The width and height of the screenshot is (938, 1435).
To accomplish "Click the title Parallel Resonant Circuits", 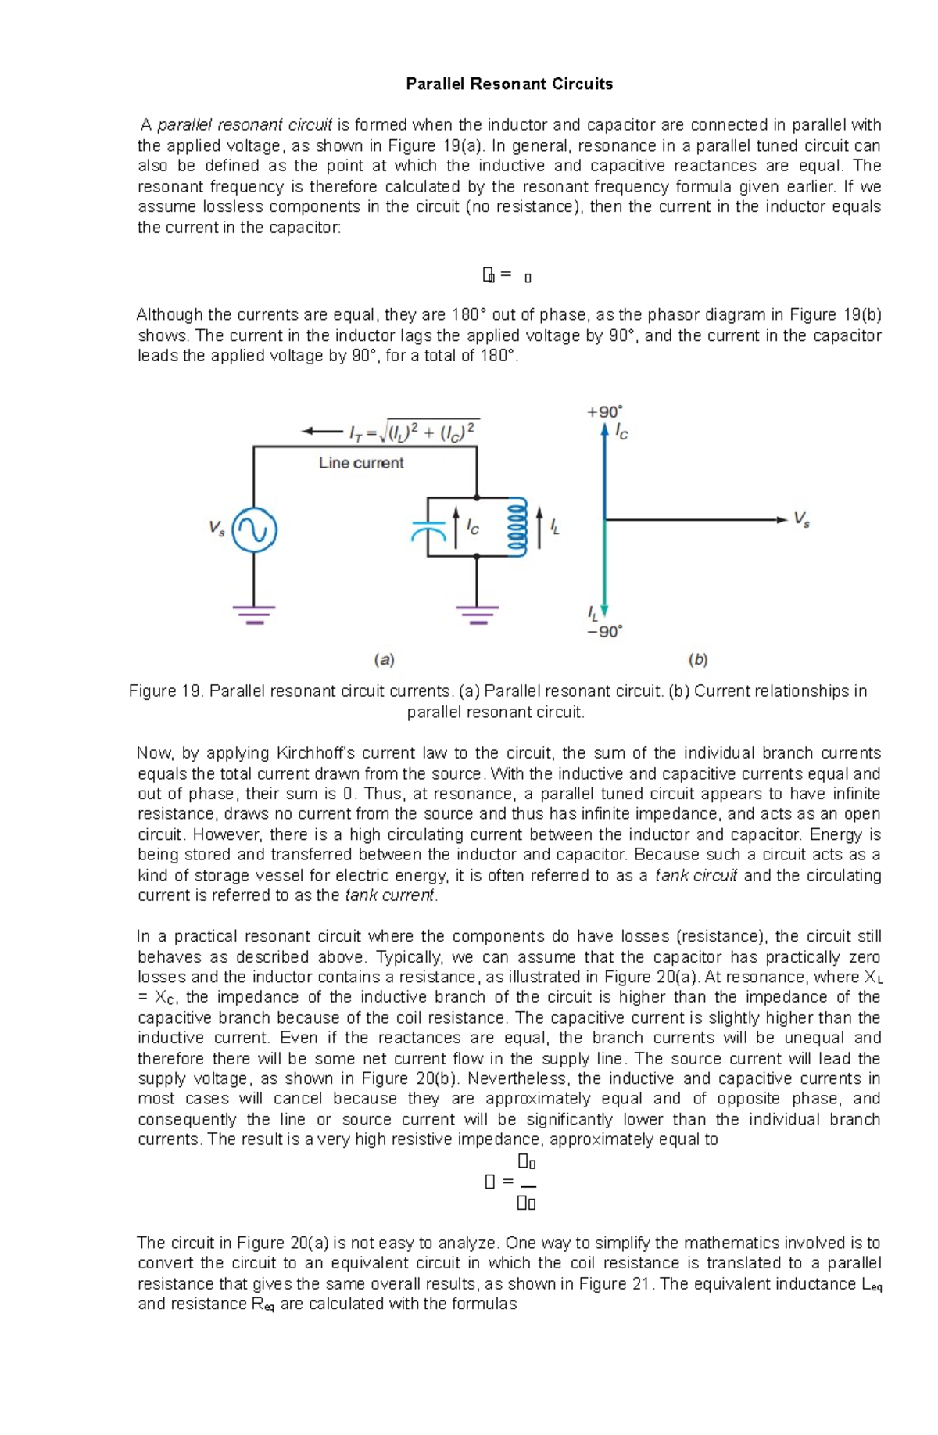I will click(509, 84).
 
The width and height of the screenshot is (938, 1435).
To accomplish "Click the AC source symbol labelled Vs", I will click(254, 529).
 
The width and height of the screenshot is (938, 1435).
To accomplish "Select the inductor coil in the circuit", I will click(517, 526).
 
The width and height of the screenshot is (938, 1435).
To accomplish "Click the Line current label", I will click(361, 463).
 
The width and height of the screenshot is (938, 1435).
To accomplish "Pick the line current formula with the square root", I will click(414, 432).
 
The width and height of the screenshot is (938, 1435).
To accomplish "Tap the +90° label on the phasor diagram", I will click(605, 411).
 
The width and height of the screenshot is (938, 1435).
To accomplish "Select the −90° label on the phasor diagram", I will click(605, 631).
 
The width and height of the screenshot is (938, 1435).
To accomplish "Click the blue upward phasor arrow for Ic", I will click(604, 469).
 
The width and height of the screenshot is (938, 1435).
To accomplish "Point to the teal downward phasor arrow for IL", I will click(604, 571).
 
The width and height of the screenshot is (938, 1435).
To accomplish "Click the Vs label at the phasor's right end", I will click(802, 518).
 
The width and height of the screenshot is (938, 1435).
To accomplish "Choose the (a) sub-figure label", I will click(384, 659).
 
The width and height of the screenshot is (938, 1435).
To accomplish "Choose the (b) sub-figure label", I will click(698, 659).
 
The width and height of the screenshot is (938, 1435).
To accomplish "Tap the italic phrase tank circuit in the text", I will click(696, 875).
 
